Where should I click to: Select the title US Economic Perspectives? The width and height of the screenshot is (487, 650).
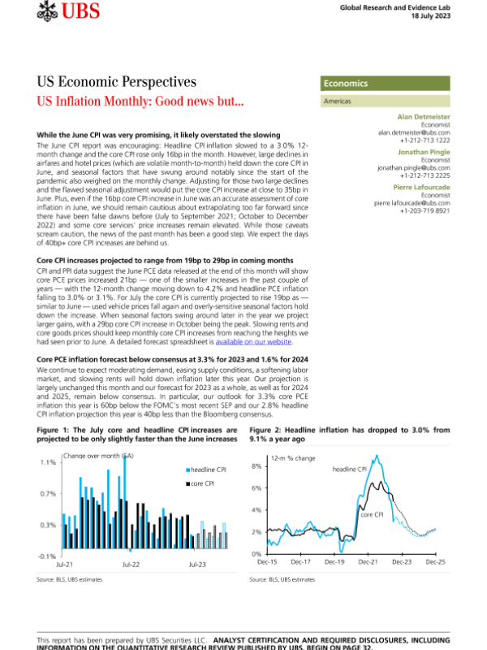click(117, 82)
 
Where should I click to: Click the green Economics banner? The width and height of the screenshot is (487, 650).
click(386, 84)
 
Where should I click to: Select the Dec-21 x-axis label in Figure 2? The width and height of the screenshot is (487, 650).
click(369, 561)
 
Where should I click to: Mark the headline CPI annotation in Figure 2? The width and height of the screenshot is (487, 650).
click(350, 469)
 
